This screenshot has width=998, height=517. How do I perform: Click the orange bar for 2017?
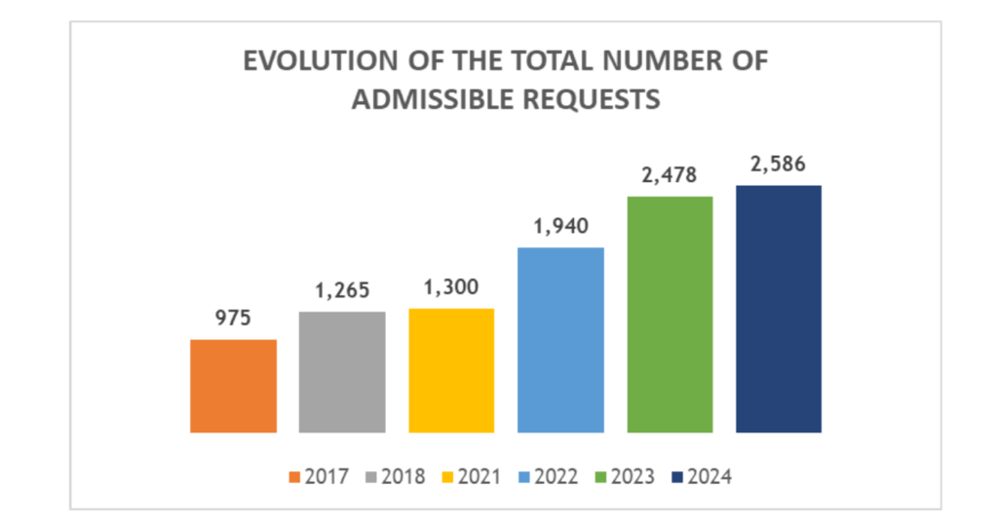[x=233, y=386]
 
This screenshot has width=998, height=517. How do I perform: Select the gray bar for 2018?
[x=342, y=372]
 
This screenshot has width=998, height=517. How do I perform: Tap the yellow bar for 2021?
[x=451, y=370]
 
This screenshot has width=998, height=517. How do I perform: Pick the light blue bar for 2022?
[x=560, y=340]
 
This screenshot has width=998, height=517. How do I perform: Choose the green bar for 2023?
[x=670, y=314]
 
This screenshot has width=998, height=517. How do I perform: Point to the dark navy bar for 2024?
[x=779, y=309]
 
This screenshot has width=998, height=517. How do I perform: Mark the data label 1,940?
[x=560, y=228]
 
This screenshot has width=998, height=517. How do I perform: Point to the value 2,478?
[x=670, y=176]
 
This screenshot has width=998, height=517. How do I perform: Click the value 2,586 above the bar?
[x=779, y=165]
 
